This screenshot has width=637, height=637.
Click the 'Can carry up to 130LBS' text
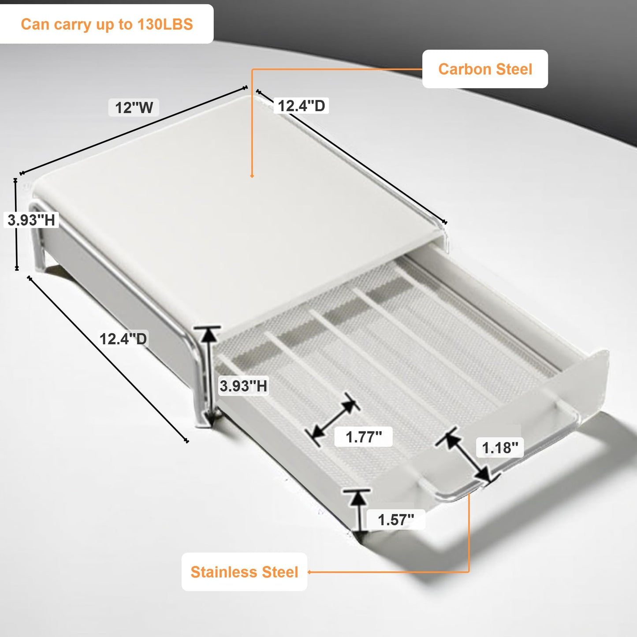click(107, 24)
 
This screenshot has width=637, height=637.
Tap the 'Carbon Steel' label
click(485, 69)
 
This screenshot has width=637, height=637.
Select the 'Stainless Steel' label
click(244, 572)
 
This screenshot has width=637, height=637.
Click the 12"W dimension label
click(134, 108)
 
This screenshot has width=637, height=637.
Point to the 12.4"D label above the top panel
click(301, 106)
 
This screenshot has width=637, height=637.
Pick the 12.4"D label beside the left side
click(123, 339)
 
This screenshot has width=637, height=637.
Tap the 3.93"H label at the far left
click(31, 220)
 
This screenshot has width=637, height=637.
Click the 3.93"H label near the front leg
click(243, 386)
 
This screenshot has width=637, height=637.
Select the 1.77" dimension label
click(364, 437)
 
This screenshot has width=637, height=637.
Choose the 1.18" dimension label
click(500, 448)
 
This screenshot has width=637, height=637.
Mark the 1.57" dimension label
click(396, 520)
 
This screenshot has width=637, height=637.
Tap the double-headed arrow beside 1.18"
click(468, 458)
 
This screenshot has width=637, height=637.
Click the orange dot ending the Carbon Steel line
click(252, 176)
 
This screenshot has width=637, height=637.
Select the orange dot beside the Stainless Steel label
click(309, 572)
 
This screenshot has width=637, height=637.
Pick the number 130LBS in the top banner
click(165, 24)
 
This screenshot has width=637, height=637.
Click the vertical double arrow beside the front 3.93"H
click(208, 377)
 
